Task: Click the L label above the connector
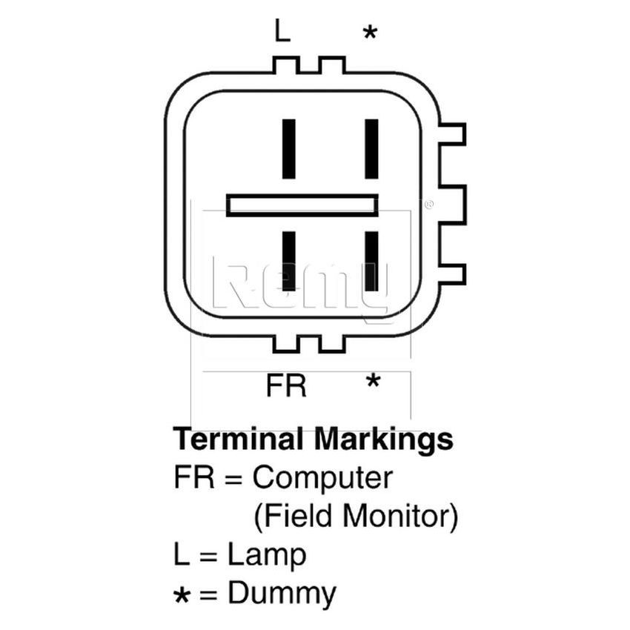(x=282, y=31)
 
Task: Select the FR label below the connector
(x=286, y=386)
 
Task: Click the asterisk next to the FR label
(x=373, y=382)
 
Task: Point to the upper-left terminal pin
(x=289, y=149)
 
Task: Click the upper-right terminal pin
(x=371, y=149)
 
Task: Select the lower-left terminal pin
(x=289, y=261)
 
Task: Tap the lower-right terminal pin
(x=371, y=261)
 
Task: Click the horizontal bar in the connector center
(x=302, y=205)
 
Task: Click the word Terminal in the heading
(x=238, y=440)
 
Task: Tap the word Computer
(x=322, y=479)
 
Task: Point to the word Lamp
(x=267, y=554)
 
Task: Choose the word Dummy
(x=282, y=594)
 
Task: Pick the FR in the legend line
(x=194, y=478)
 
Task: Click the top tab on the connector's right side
(x=453, y=134)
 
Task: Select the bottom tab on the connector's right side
(x=453, y=274)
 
